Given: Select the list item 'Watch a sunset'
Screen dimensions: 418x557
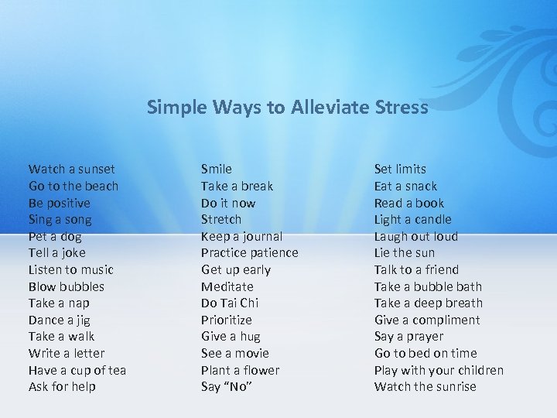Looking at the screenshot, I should coord(71,169).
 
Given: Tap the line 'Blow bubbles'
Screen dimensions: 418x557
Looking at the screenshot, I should coord(66,286).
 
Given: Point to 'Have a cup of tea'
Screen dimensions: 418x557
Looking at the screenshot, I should coord(77,370).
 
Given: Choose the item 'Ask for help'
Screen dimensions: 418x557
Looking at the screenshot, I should coord(62,386).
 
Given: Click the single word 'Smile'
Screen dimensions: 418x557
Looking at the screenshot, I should coord(216,169).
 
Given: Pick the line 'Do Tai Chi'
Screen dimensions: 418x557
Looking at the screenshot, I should coord(230,303).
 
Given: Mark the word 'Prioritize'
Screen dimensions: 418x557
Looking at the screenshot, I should coord(226,320).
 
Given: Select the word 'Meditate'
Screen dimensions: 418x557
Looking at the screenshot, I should coord(227,286).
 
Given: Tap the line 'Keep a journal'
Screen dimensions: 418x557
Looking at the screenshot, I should coord(241,236).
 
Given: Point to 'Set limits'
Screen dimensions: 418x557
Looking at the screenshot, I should coord(400,169).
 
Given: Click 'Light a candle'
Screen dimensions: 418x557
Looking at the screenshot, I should coord(412,219).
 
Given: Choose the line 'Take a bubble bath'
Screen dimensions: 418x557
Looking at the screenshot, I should coord(428,286).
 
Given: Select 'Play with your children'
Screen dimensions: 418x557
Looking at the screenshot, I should coord(439,370).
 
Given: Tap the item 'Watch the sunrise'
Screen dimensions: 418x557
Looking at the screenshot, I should coord(425,386).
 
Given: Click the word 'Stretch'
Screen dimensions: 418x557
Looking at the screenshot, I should coord(221,219).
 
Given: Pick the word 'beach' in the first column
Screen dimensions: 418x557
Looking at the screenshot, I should coord(101,186).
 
